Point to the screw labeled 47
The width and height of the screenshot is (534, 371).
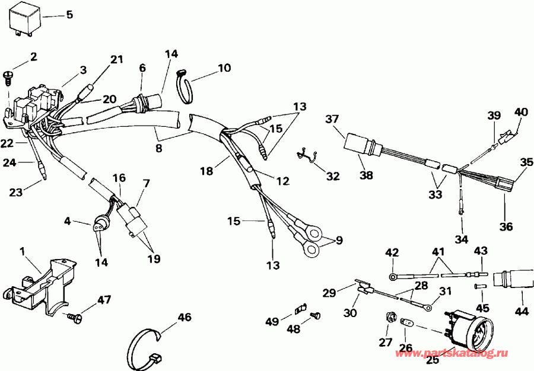point(75,319)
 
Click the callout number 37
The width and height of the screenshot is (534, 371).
point(330,121)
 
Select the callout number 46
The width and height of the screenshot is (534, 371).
point(185,318)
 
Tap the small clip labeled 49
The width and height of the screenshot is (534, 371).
point(300,308)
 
